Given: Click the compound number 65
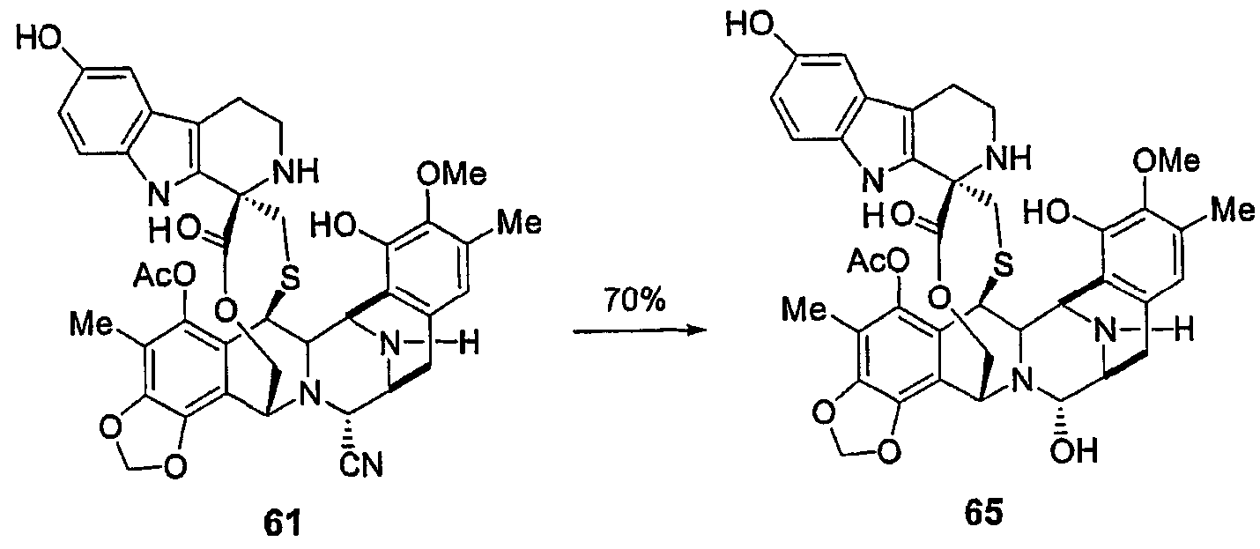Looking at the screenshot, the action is click(x=984, y=514).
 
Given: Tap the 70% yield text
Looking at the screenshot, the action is click(x=635, y=300).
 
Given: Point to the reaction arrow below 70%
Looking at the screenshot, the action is click(x=640, y=330).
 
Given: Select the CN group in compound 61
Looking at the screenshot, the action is click(x=361, y=466).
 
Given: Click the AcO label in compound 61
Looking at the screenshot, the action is click(x=165, y=275).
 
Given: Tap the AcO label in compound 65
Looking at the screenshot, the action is click(x=878, y=261).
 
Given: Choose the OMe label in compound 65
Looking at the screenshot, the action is click(x=1166, y=160).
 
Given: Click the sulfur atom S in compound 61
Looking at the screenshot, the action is click(x=290, y=278).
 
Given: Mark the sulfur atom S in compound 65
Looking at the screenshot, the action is click(x=1003, y=264).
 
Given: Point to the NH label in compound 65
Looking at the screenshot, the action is click(x=1011, y=157).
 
